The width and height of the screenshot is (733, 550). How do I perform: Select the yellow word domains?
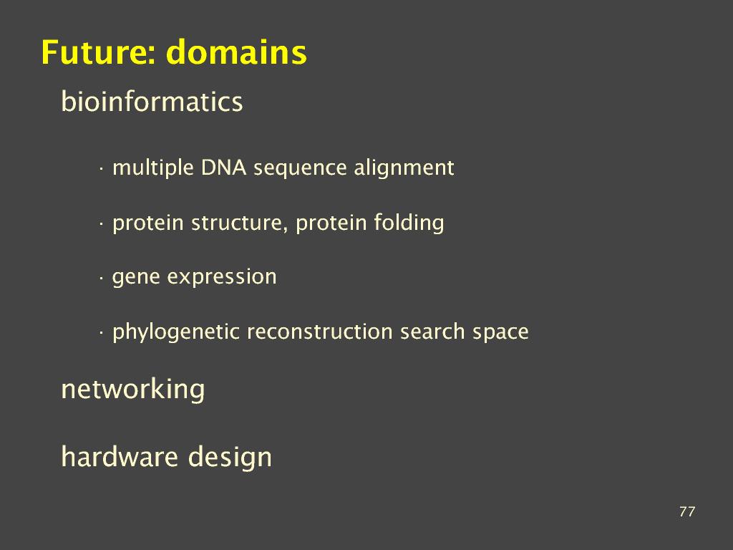236,52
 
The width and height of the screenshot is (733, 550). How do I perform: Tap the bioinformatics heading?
152,101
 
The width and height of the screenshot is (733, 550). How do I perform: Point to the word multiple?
153,168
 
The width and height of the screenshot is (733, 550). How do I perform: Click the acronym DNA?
223,168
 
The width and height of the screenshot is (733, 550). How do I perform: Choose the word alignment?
404,168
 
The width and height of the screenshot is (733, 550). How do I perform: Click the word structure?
238,223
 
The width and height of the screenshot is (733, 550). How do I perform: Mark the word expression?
222,277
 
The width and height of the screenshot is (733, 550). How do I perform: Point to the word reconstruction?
319,332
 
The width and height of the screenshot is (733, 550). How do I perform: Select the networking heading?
133,389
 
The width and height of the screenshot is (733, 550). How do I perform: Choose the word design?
230,457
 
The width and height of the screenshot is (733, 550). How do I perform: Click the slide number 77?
687,511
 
